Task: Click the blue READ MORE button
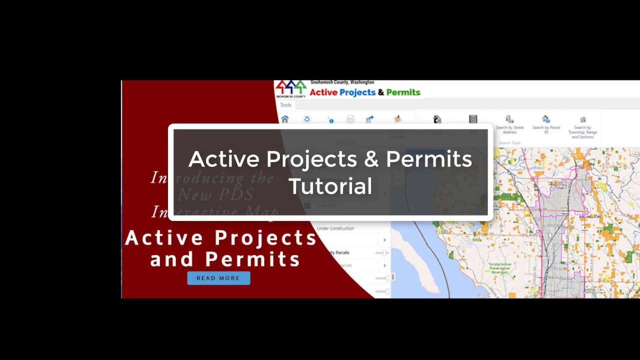tap(218, 278)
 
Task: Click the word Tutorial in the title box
tap(330, 186)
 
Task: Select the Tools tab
tap(285, 105)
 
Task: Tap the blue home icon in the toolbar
tap(285, 119)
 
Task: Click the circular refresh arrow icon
tap(307, 119)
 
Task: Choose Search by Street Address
tap(509, 125)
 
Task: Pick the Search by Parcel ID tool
tap(546, 125)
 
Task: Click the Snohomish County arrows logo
tap(290, 88)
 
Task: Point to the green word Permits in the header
tap(403, 92)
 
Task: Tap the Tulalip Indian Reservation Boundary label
tap(499, 268)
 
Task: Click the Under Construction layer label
tap(335, 228)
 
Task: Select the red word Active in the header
tap(323, 92)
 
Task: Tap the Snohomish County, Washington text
tap(342, 82)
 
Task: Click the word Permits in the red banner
tap(252, 259)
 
